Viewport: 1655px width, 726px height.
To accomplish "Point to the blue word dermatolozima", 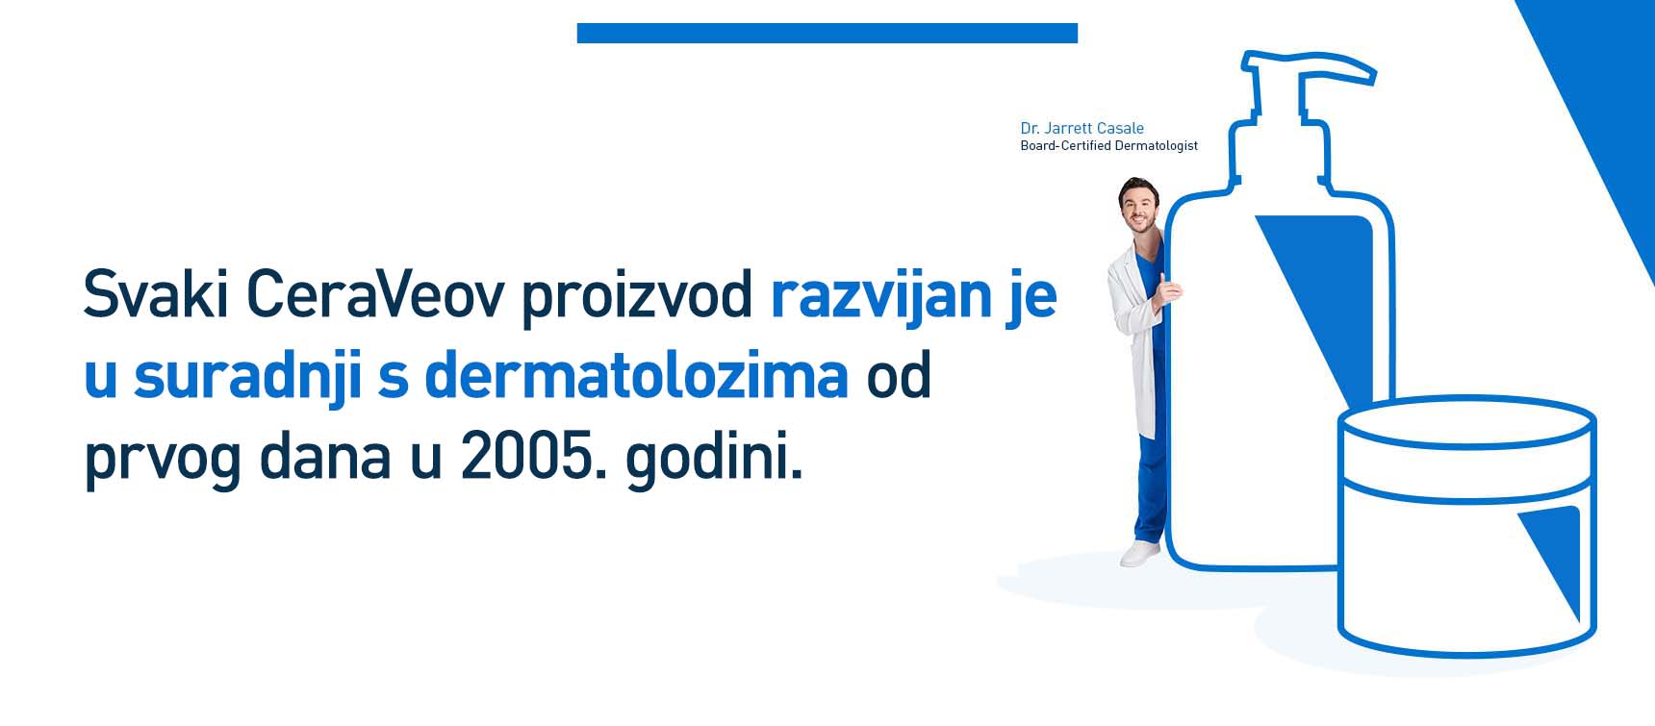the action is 636,374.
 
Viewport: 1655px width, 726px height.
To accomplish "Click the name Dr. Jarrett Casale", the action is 1082,128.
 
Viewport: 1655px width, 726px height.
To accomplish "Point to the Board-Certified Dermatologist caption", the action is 1108,146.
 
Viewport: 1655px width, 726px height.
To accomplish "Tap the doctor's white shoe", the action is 1141,554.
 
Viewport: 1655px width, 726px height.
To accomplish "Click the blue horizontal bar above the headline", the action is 827,34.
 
